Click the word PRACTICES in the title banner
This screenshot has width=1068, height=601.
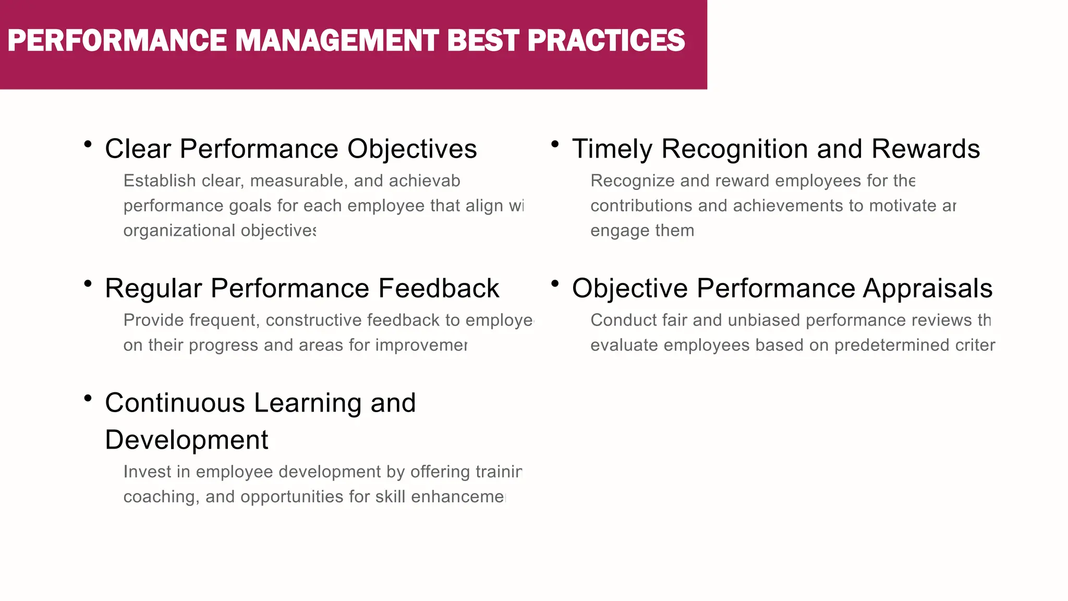606,41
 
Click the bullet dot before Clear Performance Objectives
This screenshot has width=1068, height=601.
88,144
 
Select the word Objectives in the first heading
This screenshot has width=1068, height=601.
412,149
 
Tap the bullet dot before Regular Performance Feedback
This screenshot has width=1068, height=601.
88,283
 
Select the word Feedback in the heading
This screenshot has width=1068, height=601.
439,289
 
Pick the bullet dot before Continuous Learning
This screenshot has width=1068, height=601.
88,398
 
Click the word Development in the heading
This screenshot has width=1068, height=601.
186,440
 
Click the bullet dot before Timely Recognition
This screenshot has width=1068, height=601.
555,144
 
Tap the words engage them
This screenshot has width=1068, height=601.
642,231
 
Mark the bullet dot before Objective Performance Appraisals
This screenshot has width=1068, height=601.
555,283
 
